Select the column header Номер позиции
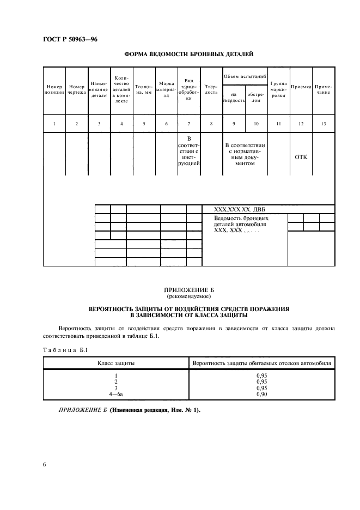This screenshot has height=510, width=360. click(54, 90)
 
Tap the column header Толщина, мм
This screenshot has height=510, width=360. click(144, 90)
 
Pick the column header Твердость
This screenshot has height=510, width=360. click(211, 90)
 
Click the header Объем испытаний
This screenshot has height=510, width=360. click(245, 76)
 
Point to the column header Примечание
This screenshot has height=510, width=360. click(323, 90)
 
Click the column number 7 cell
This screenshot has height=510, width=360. click(188, 124)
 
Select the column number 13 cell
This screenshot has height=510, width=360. click(323, 124)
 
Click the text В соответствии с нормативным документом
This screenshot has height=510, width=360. click(245, 154)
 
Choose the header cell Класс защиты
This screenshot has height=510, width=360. click(116, 363)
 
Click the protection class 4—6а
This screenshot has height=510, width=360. click(116, 394)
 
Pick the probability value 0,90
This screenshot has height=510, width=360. click(261, 394)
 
